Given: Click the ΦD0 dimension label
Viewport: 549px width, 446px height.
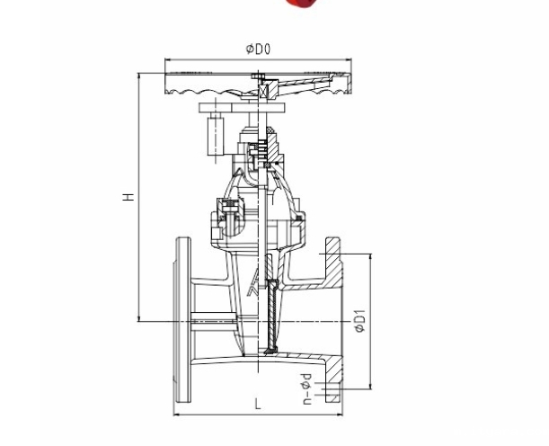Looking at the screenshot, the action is pyautogui.click(x=259, y=49).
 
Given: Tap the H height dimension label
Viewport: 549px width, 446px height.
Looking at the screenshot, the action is pyautogui.click(x=128, y=197).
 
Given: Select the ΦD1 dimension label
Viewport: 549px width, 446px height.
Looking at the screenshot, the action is pyautogui.click(x=359, y=321).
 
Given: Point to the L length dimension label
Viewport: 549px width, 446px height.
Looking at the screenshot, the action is pyautogui.click(x=258, y=404).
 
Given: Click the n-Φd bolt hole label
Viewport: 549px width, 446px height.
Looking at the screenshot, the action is pyautogui.click(x=306, y=389).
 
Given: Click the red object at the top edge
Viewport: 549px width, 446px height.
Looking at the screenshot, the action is pyautogui.click(x=301, y=3).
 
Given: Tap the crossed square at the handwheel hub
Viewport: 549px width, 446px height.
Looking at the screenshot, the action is pyautogui.click(x=263, y=92).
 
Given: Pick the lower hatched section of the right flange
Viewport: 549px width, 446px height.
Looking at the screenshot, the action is pyautogui.click(x=333, y=379).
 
